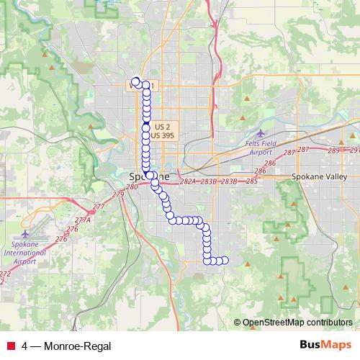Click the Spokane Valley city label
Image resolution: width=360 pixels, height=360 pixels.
(x=320, y=176)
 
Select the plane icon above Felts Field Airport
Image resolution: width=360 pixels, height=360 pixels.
(x=261, y=133)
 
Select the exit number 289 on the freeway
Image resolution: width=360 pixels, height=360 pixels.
(x=333, y=150)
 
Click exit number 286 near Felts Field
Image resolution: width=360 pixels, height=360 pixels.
(x=269, y=164)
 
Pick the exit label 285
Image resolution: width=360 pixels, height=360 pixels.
(x=251, y=181)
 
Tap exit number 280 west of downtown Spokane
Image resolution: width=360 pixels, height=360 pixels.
(x=131, y=187)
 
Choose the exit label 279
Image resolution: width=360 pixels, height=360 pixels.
(x=118, y=194)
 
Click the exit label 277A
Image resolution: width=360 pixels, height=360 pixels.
(x=82, y=220)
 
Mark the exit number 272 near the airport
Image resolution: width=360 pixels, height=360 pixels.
(x=4, y=274)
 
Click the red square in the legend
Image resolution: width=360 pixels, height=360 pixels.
(x=10, y=347)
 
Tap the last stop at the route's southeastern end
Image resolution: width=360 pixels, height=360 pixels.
(x=224, y=261)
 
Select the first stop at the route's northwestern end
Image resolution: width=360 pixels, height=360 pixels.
(x=135, y=81)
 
